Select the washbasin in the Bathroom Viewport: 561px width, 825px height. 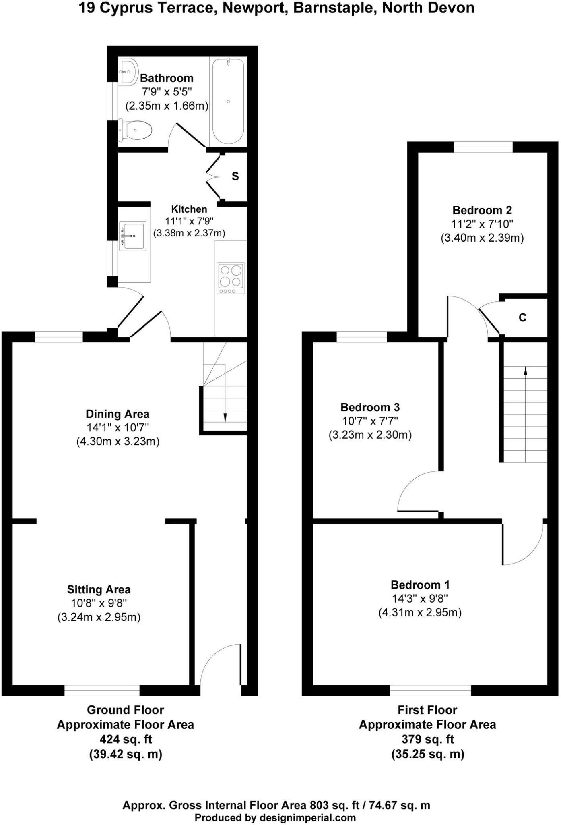(x=128, y=72)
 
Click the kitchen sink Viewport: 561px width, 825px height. (x=133, y=236)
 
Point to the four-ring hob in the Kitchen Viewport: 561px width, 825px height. (x=231, y=278)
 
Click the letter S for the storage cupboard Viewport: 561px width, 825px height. (x=235, y=176)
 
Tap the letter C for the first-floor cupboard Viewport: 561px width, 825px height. (x=522, y=318)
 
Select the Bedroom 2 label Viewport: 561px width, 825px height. (x=482, y=210)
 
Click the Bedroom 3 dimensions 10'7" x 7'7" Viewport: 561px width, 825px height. (x=370, y=421)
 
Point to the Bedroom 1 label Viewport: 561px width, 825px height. (x=420, y=585)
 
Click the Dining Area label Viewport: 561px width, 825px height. (x=118, y=414)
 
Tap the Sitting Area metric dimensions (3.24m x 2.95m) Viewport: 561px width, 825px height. (x=99, y=617)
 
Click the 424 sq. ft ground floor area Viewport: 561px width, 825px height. (x=126, y=739)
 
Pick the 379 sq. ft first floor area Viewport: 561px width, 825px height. (x=427, y=739)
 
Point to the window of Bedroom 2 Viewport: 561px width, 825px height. (x=483, y=147)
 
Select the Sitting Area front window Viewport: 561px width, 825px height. (x=102, y=690)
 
